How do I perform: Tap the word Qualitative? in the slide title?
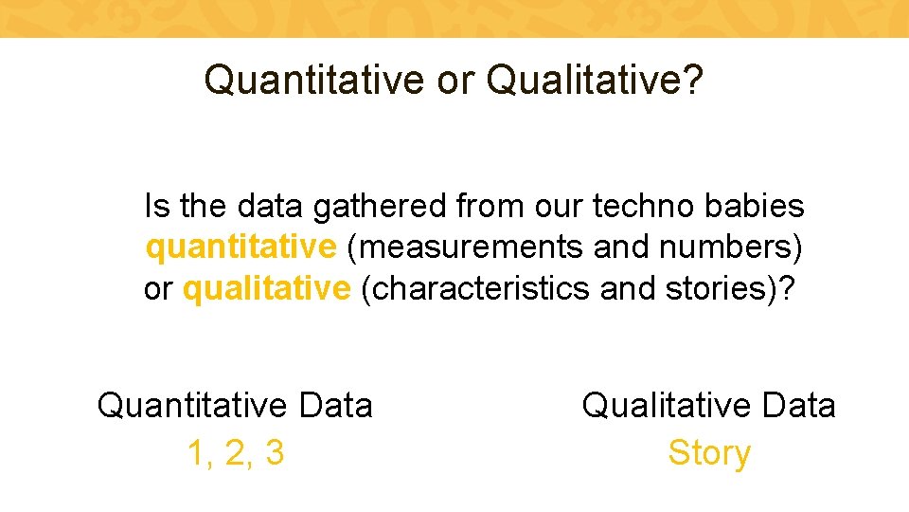pos(595,81)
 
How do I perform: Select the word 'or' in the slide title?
pos(455,81)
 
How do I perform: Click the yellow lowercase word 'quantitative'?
pos(241,247)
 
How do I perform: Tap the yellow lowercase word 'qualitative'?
pos(266,289)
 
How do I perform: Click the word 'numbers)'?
pos(732,247)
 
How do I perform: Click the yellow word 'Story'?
pos(708,453)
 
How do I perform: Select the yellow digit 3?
pos(275,453)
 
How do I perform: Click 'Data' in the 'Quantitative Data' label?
pos(334,406)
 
